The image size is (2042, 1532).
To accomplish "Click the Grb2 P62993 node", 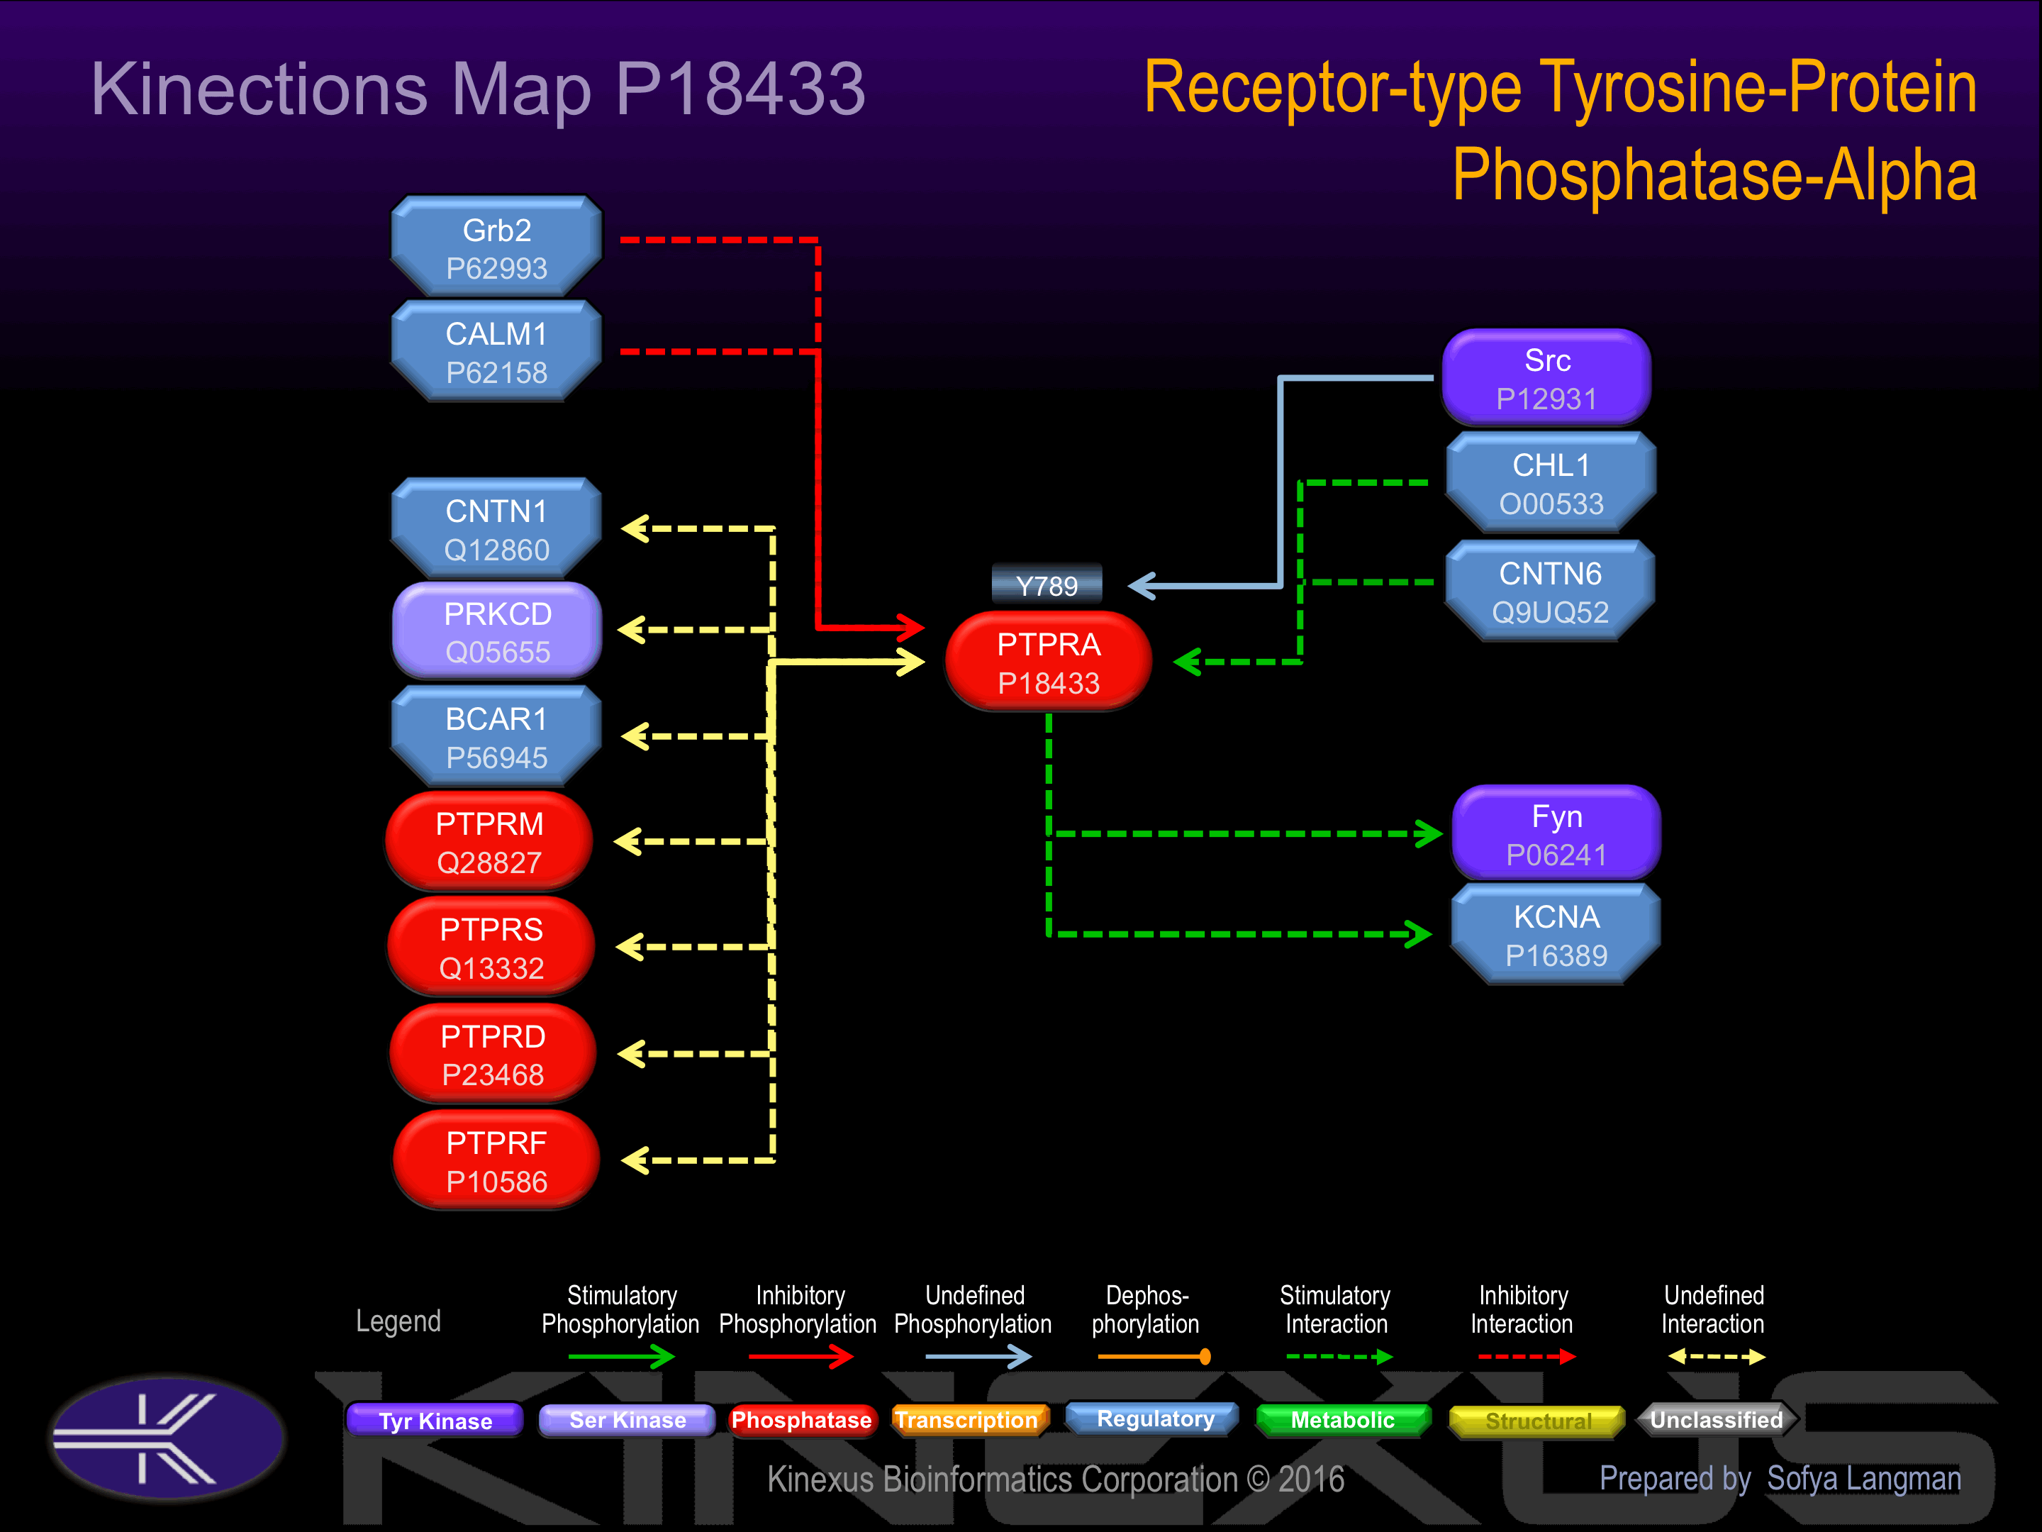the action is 496,247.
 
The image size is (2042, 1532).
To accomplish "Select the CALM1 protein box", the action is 496,351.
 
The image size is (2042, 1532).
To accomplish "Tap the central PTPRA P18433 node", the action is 1049,662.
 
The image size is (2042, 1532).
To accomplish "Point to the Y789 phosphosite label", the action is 1047,585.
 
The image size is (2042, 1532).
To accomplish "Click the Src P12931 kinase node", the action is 1547,378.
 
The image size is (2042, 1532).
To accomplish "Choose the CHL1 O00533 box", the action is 1551,483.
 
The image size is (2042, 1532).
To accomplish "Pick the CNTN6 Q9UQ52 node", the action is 1551,591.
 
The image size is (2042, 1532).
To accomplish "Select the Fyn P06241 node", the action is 1556,834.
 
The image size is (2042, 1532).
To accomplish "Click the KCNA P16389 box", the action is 1556,935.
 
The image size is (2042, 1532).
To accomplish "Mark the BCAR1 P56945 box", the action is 496,737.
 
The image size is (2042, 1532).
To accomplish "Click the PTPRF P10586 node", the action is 496,1161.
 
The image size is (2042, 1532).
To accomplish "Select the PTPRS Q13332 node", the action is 491,948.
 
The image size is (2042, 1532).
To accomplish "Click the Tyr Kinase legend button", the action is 435,1420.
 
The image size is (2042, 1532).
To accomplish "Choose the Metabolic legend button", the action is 1343,1420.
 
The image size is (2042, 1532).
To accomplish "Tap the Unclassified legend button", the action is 1716,1420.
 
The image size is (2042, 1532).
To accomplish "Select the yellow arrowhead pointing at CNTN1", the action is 635,528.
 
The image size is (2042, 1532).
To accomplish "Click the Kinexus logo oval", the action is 168,1437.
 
